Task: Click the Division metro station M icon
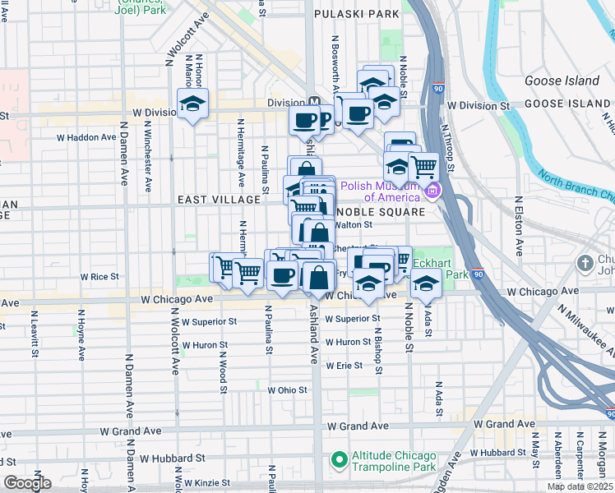(x=314, y=103)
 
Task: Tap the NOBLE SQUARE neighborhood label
(x=385, y=211)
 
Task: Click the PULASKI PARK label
(x=358, y=15)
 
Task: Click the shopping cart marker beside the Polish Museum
(x=423, y=166)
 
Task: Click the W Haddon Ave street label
(x=86, y=137)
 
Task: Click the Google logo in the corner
(x=27, y=483)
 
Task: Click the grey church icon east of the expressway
(x=585, y=264)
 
